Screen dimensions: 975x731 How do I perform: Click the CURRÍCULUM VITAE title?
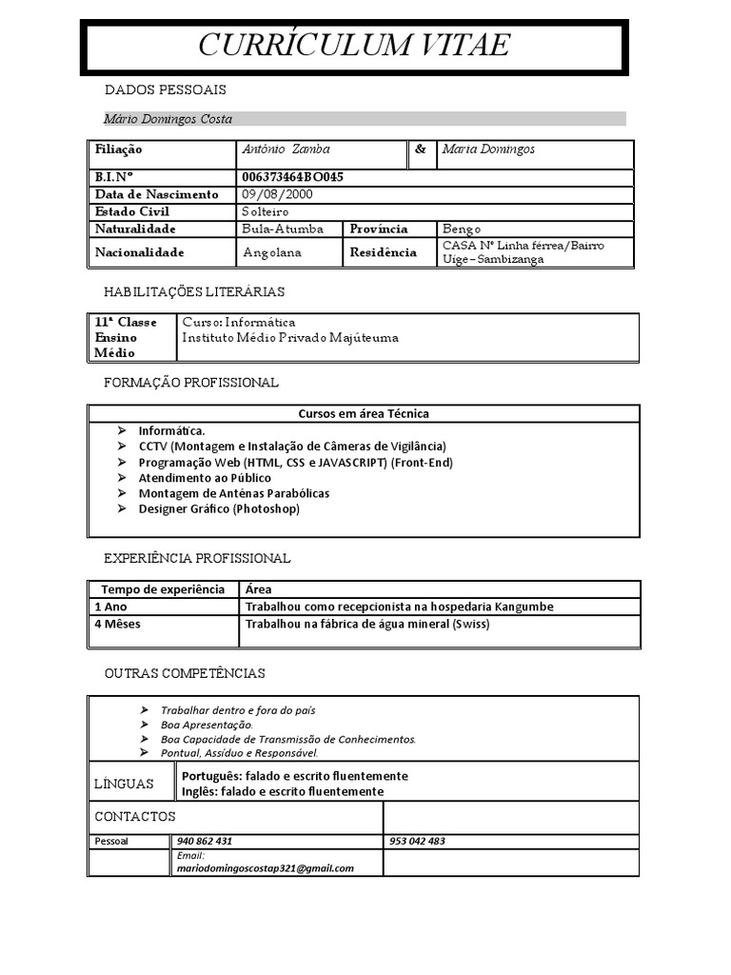[353, 45]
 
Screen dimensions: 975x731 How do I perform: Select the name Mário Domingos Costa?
[168, 119]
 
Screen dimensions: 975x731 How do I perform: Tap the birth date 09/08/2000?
[277, 194]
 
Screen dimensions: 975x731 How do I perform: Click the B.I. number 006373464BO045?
[292, 177]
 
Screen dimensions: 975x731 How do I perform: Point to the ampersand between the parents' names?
[421, 149]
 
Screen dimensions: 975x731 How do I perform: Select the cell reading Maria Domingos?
[488, 149]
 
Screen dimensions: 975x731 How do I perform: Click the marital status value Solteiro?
[265, 211]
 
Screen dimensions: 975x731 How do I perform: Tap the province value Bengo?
[462, 229]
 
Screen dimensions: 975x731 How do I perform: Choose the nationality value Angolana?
[272, 252]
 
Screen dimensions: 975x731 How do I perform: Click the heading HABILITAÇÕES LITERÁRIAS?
[194, 291]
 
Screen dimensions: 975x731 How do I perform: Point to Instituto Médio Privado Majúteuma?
[290, 338]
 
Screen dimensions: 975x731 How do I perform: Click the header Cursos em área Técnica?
[364, 413]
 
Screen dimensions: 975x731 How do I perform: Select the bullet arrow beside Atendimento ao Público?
[122, 478]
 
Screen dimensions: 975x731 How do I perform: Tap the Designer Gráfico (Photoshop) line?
[219, 509]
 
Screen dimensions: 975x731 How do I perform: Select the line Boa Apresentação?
[207, 725]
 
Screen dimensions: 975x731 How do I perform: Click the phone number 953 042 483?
[417, 842]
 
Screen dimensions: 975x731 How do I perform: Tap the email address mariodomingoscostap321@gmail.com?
[266, 868]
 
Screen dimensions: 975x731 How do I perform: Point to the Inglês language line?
[283, 791]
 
